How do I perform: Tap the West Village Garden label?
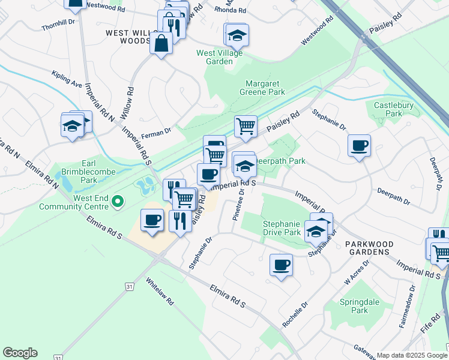215,57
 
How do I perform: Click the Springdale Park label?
359,306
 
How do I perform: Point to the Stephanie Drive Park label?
282,228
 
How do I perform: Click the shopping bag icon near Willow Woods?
161,43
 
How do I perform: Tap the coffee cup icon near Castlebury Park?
359,145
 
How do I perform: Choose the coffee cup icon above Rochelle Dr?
280,265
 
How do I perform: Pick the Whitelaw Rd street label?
160,292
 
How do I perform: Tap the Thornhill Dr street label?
58,25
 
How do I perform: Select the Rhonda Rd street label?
234,10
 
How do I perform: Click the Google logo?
20,353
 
